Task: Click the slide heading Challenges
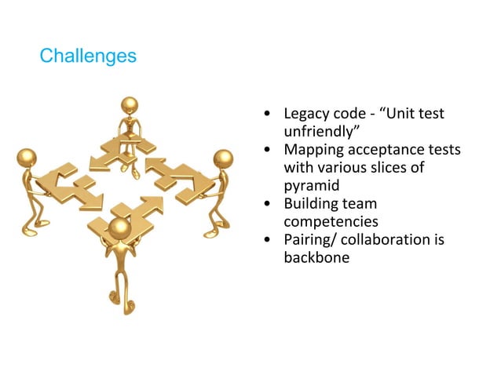click(x=87, y=56)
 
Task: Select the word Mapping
click(x=316, y=150)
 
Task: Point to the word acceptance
click(x=387, y=150)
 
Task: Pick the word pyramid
click(x=312, y=186)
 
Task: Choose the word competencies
click(x=331, y=222)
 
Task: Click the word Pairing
click(x=311, y=240)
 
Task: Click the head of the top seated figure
click(x=130, y=105)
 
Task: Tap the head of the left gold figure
click(x=27, y=158)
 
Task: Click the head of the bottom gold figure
click(x=119, y=228)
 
